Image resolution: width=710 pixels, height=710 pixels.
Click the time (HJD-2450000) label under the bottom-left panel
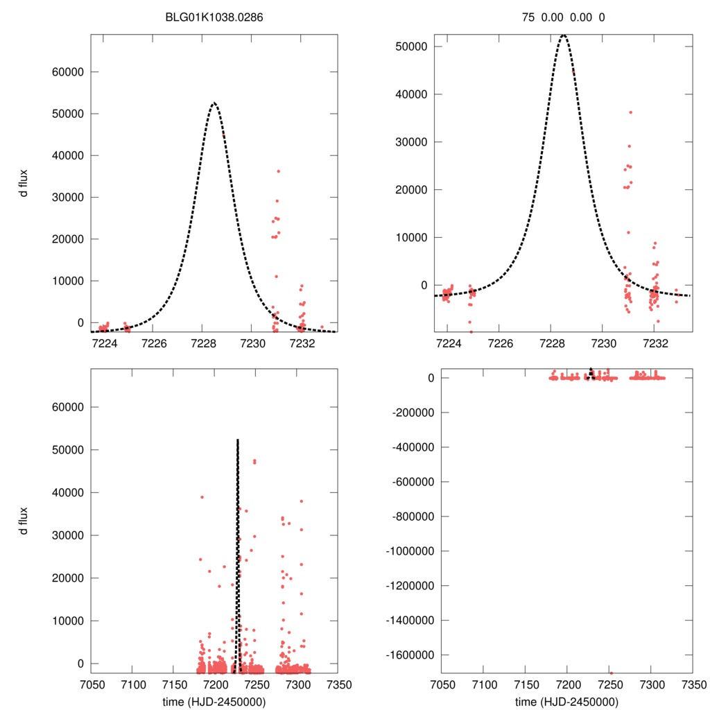pos(214,701)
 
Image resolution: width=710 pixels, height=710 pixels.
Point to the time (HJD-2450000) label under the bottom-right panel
pos(566,701)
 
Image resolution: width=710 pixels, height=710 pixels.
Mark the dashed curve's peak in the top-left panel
pos(214,103)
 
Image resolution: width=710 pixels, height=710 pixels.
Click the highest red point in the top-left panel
pos(278,171)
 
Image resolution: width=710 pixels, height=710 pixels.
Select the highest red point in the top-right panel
pos(630,112)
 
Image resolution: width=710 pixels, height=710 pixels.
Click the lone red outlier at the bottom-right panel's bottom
pos(611,673)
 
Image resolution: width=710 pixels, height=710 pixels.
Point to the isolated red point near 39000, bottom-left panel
pos(202,497)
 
